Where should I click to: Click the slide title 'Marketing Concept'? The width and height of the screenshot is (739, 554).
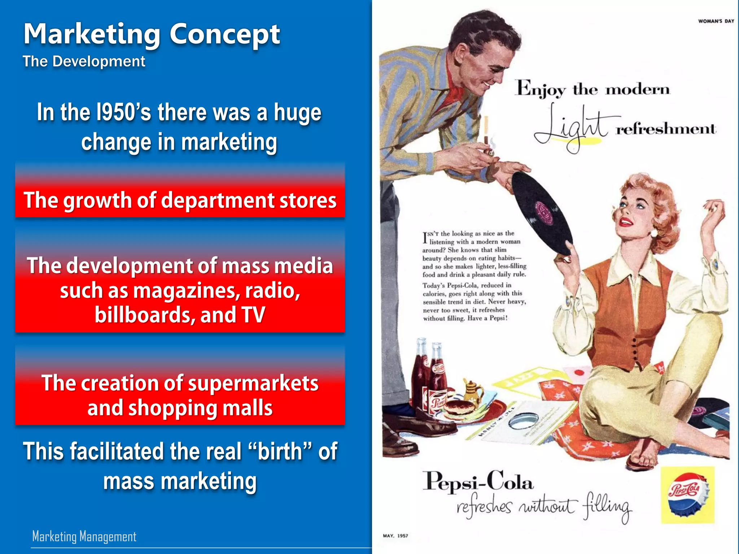pos(152,34)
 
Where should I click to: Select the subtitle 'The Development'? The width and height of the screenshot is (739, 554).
pos(84,61)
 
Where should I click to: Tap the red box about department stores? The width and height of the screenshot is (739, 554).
pos(180,200)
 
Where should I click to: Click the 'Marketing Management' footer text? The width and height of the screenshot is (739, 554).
pos(84,536)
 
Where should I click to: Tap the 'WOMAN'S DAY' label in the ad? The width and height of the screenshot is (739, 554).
pos(716,21)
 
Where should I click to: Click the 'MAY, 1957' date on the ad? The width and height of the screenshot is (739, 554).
pos(395,536)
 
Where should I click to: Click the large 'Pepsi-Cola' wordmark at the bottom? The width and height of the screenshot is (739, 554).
pos(478,482)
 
